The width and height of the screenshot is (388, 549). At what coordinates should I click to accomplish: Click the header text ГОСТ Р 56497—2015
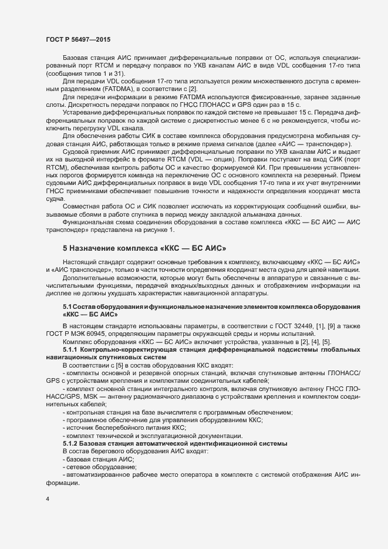point(77,39)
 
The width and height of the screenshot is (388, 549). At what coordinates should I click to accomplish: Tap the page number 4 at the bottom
point(47,499)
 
